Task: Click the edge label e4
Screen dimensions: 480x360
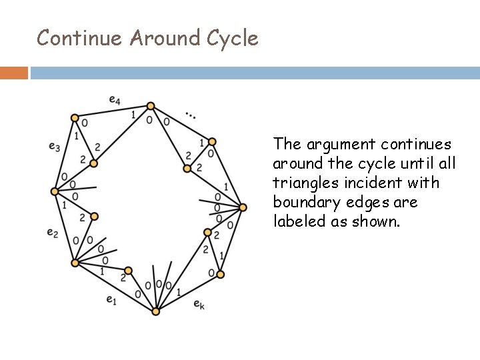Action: (115, 101)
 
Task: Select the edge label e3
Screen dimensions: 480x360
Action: (54, 146)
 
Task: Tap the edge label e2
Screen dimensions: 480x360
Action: (52, 232)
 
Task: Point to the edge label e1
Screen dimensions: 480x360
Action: (111, 300)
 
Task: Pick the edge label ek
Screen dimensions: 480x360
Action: (199, 304)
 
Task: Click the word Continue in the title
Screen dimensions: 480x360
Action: (80, 38)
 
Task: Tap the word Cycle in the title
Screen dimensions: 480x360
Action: (232, 38)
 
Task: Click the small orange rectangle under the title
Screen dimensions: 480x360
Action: (14, 73)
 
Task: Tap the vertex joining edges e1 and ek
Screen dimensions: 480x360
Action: (156, 311)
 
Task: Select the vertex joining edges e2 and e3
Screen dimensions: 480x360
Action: (55, 191)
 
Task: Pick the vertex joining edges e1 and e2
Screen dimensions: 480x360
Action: (75, 263)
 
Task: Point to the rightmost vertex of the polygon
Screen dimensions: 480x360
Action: (243, 207)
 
